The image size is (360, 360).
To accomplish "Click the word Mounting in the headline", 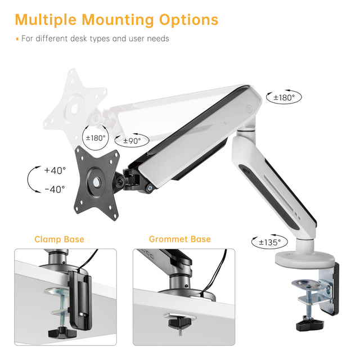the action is (118, 20).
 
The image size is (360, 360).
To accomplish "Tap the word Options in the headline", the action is (188, 20).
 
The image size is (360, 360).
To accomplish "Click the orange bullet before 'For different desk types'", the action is (17, 39).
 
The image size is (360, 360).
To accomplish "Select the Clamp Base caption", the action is (59, 239).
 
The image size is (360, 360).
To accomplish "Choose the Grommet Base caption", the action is (180, 239).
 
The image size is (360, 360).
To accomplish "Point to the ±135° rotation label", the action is (270, 242).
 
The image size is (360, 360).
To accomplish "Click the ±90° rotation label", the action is (132, 141).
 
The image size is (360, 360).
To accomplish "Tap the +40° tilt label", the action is (55, 170).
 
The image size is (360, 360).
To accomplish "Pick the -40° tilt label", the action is (55, 190).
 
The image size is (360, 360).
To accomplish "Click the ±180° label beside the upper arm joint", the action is (284, 97).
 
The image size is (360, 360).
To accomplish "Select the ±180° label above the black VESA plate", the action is (96, 138).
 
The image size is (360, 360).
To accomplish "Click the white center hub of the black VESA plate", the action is (97, 182).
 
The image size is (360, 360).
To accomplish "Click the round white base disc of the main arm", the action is (305, 260).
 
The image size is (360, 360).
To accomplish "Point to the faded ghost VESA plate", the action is (75, 107).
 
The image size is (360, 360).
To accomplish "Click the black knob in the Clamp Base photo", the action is (59, 332).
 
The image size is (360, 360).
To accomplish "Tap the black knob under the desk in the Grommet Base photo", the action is (180, 322).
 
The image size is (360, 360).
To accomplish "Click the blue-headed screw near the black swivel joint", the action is (150, 188).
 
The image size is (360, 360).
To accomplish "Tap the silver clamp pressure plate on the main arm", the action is (307, 285).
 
